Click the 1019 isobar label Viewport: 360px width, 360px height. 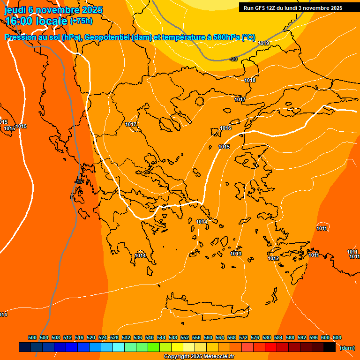263,43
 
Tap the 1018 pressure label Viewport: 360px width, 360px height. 250,80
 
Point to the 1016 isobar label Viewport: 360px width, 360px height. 225,128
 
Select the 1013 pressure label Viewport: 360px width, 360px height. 236,254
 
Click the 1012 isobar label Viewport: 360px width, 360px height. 273,258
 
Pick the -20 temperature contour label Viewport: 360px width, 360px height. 234,59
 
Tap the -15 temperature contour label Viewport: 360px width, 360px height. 79,181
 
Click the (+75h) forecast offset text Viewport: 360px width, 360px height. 81,21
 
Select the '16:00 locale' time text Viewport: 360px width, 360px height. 36,21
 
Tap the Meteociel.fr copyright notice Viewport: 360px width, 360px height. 199,356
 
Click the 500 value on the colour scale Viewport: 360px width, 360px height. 32,337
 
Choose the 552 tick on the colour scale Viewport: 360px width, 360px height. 185,337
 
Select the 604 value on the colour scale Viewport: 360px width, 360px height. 337,337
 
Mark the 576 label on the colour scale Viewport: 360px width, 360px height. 255,337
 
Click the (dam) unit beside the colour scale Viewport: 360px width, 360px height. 347,347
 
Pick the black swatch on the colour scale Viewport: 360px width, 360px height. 330,347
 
